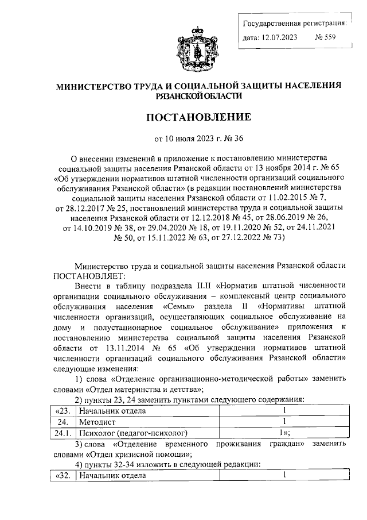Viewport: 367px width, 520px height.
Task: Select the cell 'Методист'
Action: coord(96,421)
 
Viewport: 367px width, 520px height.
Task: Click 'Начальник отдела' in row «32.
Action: coord(113,476)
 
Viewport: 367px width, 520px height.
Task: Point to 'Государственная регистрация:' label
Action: coord(295,24)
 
